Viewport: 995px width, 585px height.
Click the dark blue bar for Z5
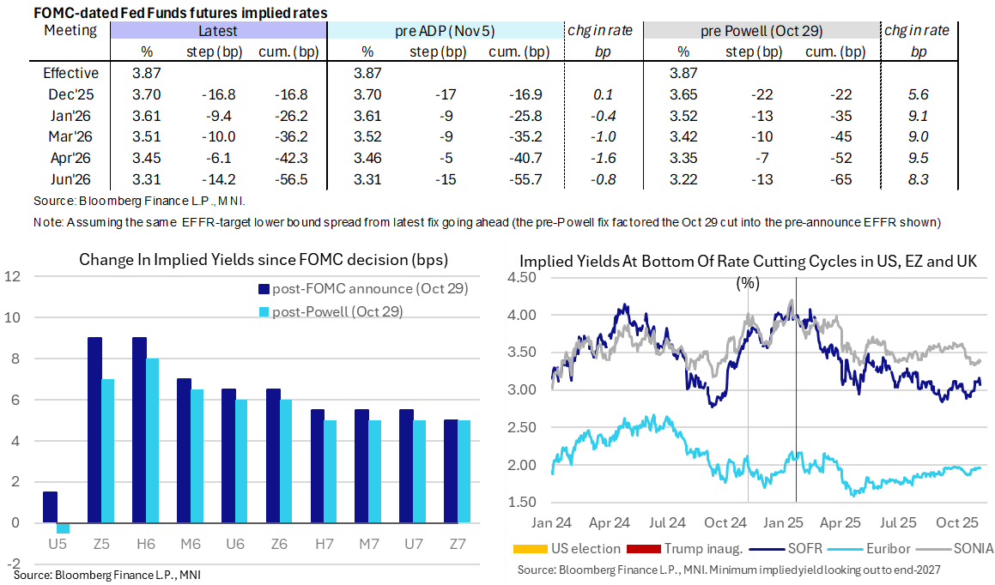pos(95,429)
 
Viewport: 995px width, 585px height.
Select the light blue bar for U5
pos(63,528)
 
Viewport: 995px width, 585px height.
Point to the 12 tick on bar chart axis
pos(11,276)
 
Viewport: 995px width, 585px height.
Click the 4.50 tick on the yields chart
pos(525,277)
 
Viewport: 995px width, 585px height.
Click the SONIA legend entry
pos(956,548)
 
